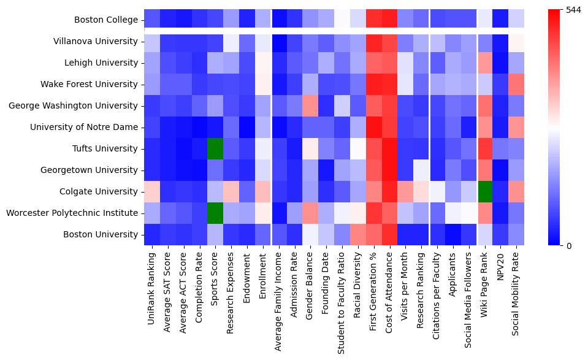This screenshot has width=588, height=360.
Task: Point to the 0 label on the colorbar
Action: pyautogui.click(x=568, y=246)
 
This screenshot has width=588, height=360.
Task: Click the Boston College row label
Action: pyautogui.click(x=105, y=20)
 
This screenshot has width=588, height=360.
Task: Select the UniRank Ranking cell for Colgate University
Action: pyautogui.click(x=151, y=191)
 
